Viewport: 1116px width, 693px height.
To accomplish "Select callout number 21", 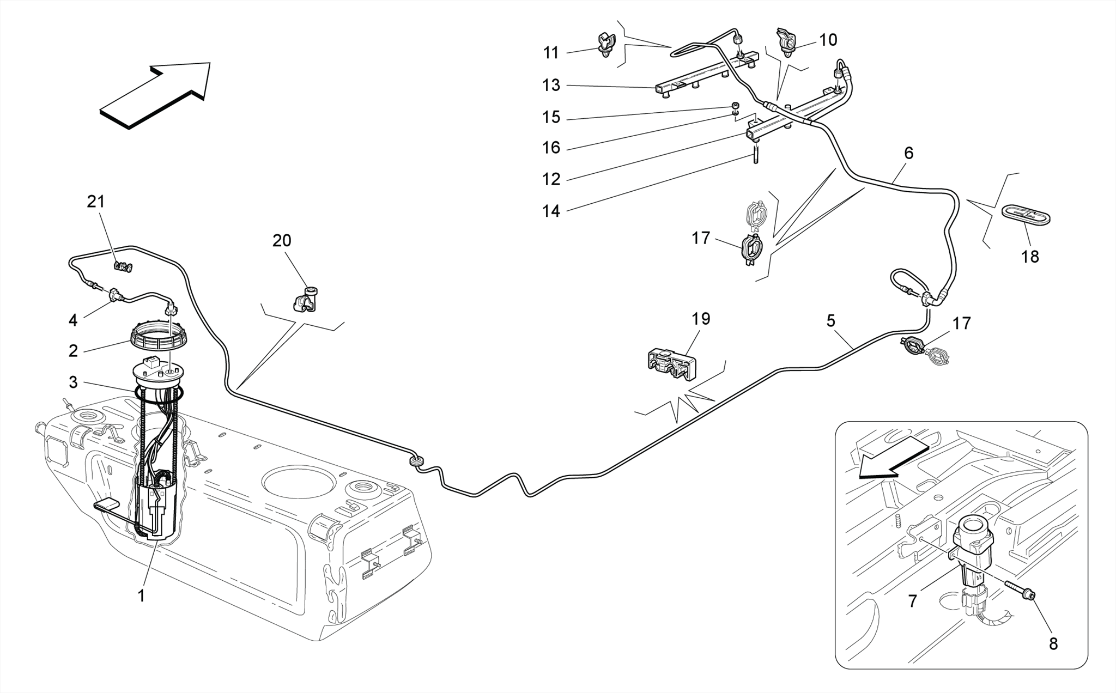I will [x=96, y=202].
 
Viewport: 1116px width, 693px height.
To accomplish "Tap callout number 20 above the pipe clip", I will [x=282, y=241].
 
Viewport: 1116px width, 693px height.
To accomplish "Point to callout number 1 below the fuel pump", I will [x=141, y=597].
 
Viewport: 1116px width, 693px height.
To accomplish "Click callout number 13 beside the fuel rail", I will [x=551, y=86].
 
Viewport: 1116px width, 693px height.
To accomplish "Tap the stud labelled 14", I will [x=756, y=155].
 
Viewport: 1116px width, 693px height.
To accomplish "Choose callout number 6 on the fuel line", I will [x=908, y=154].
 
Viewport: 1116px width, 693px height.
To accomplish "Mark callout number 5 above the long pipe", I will [x=830, y=321].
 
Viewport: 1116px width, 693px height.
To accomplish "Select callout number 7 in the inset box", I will [x=913, y=601].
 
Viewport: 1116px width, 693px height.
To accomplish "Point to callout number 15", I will [x=551, y=117].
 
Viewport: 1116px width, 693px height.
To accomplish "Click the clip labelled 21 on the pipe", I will [x=123, y=266].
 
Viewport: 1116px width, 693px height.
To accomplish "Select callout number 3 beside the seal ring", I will [x=73, y=382].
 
